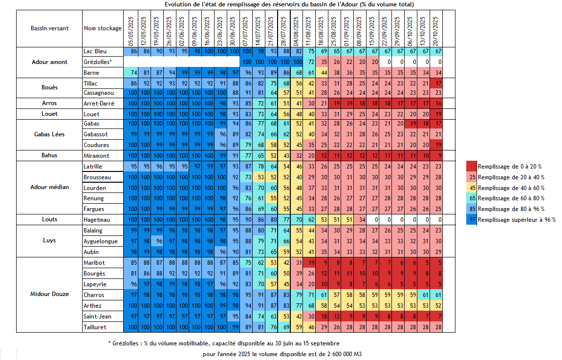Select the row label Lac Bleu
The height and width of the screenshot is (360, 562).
click(x=95, y=51)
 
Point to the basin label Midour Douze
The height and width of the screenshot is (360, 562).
click(x=49, y=294)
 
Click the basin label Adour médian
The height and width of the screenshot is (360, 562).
click(x=49, y=187)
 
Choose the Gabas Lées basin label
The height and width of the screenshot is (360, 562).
click(x=49, y=134)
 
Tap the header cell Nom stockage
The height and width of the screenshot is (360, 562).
click(x=103, y=28)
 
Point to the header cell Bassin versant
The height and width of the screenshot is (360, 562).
click(x=49, y=28)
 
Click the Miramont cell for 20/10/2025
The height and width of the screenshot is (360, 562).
click(x=437, y=156)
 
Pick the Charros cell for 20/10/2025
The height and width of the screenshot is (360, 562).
click(x=437, y=295)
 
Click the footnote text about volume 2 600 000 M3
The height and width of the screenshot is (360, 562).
click(x=282, y=354)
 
